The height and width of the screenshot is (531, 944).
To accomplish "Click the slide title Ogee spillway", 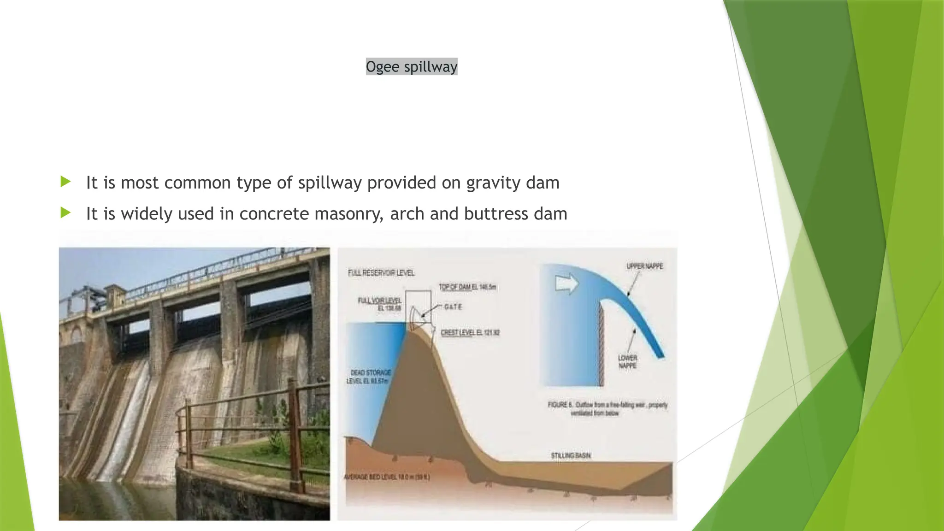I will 411,67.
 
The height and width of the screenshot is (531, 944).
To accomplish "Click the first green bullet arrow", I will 65,182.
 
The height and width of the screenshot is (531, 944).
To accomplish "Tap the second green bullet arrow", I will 65,213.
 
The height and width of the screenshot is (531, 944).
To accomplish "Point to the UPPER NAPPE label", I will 644,266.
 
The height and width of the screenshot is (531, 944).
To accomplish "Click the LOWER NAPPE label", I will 627,362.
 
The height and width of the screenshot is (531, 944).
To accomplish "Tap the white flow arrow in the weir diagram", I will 566,283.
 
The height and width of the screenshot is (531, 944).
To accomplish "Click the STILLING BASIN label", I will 571,456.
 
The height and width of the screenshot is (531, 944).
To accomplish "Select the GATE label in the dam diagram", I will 453,307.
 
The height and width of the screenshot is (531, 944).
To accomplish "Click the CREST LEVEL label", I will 470,332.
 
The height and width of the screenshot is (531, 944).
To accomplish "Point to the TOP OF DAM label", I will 467,287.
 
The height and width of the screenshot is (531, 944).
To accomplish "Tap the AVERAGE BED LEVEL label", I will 387,477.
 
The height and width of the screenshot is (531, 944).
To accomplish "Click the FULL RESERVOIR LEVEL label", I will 381,273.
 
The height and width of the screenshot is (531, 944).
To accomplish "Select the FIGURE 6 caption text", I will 607,409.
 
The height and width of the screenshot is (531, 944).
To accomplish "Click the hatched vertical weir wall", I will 601,343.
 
